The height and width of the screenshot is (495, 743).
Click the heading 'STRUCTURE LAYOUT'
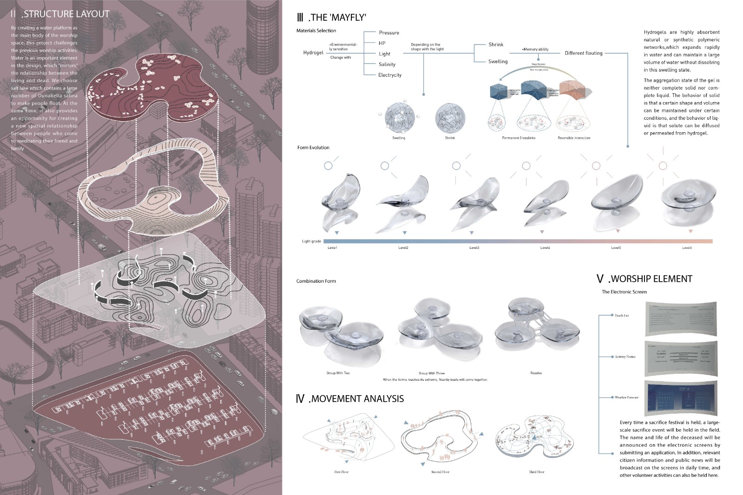pyautogui.click(x=66, y=14)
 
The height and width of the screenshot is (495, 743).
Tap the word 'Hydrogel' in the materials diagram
pyautogui.click(x=313, y=53)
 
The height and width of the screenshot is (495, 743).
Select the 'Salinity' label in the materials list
pyautogui.click(x=387, y=65)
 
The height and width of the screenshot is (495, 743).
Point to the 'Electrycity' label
pyautogui.click(x=389, y=75)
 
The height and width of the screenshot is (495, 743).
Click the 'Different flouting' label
pyautogui.click(x=583, y=53)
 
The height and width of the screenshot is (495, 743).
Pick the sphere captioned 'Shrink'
pyautogui.click(x=450, y=117)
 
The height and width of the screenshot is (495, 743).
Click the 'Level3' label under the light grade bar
pyautogui.click(x=474, y=248)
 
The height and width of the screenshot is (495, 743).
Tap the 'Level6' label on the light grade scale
pyautogui.click(x=687, y=248)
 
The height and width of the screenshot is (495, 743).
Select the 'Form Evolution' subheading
pyautogui.click(x=313, y=148)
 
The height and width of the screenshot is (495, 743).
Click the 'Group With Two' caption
pyautogui.click(x=338, y=373)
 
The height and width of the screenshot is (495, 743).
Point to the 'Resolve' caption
pyautogui.click(x=536, y=373)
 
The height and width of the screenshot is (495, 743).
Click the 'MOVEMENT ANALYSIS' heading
pyautogui.click(x=357, y=399)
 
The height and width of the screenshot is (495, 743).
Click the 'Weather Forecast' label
pyautogui.click(x=626, y=397)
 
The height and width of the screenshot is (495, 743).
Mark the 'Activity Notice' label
pyautogui.click(x=625, y=357)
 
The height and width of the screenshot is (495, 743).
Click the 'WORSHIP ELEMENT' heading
pyautogui.click(x=651, y=279)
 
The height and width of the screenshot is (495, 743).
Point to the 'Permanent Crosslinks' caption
pyautogui.click(x=518, y=138)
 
